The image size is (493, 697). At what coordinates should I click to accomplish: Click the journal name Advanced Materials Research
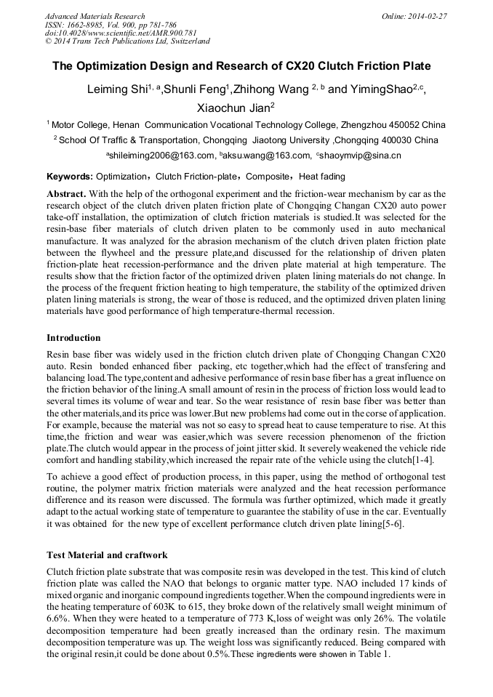[x=95, y=16]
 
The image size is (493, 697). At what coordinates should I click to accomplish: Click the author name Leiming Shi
[x=117, y=90]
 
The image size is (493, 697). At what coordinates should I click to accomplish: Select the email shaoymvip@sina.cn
[x=360, y=156]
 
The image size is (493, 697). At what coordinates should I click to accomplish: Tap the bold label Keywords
[x=69, y=177]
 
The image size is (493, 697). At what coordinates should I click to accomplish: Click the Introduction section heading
[x=73, y=338]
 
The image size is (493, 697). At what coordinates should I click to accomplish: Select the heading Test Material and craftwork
[x=107, y=555]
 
